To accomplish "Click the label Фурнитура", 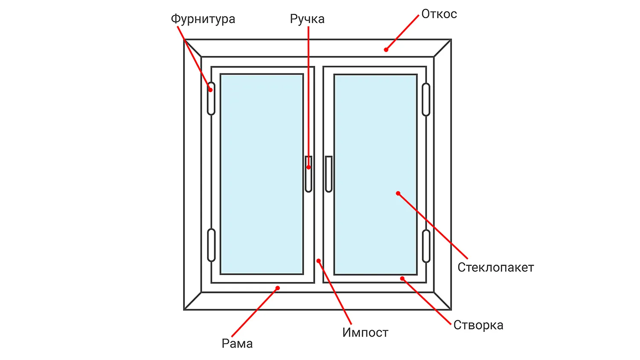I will pos(203,19).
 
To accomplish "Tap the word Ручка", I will pos(307,19).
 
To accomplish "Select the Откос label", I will pos(439,14).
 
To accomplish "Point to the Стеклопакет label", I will pos(495,267).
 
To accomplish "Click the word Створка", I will pos(478,325).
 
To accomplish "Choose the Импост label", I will pos(365,332).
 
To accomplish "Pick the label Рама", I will pos(237,343).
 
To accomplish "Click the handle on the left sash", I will pos(308,174).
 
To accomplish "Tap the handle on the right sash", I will pos(329,174).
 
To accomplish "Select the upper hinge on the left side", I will pos(211,99).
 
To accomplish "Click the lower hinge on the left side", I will pos(211,245).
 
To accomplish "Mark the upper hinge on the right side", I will pos(426,99).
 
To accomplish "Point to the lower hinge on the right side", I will pos(426,246).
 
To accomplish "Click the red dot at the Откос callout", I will pos(386,50).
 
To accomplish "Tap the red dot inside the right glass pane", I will pos(398,193).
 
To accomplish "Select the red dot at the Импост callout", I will pos(318,261).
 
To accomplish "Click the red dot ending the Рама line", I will pos(277,288).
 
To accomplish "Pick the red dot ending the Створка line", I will pos(402,279).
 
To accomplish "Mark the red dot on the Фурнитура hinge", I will pos(210,90).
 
